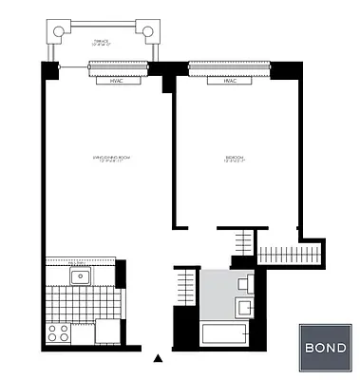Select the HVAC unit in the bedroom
[229, 81]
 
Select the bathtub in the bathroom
[224, 335]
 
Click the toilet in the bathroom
[245, 282]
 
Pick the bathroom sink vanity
[245, 307]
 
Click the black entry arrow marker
[158, 358]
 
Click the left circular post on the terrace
[59, 31]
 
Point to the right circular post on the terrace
[148, 31]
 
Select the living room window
[118, 66]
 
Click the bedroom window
[228, 66]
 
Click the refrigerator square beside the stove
[108, 332]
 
